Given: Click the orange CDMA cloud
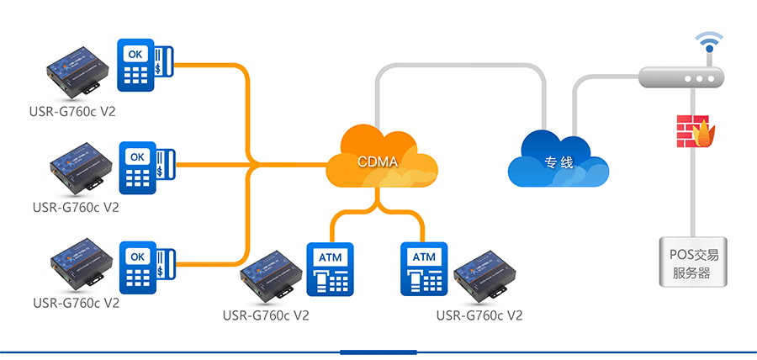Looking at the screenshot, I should [x=381, y=161].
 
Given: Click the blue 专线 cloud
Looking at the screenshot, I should [x=558, y=159].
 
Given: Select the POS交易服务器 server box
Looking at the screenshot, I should [x=691, y=262].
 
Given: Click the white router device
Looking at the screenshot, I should [x=682, y=78].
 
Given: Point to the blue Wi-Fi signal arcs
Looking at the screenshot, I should [x=708, y=40].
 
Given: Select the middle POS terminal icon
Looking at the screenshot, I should [x=145, y=167].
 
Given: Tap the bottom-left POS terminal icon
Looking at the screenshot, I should [x=145, y=267].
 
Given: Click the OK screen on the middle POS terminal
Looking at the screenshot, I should [x=137, y=156].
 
